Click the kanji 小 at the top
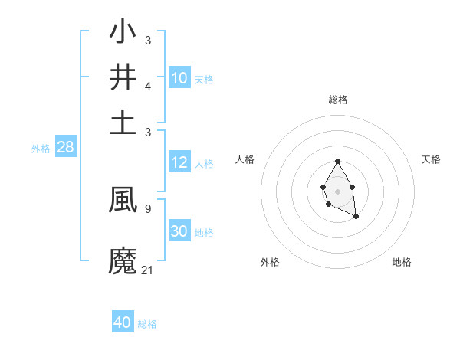coord(123,34)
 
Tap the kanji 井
coord(123,77)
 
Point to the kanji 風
coord(123,200)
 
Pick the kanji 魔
coord(123,260)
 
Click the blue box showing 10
coord(179,78)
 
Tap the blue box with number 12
coord(179,162)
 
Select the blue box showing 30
coord(179,231)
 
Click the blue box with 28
coord(66,148)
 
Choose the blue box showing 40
coord(123,322)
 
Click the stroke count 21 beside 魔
coord(148,270)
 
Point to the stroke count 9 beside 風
coord(147,208)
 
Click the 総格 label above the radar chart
coord(337,100)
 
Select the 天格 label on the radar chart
coord(431,159)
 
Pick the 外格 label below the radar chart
coord(270,262)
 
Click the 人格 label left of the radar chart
coord(245,159)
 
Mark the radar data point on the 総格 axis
coord(337,162)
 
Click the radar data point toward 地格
coord(356,217)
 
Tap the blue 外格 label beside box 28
coord(41,149)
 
